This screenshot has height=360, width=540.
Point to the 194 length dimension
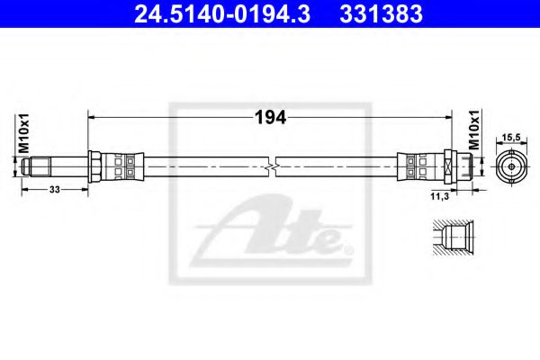[271, 117]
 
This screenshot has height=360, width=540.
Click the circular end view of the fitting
[510, 166]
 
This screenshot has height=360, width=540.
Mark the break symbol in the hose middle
[271, 166]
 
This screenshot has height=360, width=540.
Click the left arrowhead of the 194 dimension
[91, 117]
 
